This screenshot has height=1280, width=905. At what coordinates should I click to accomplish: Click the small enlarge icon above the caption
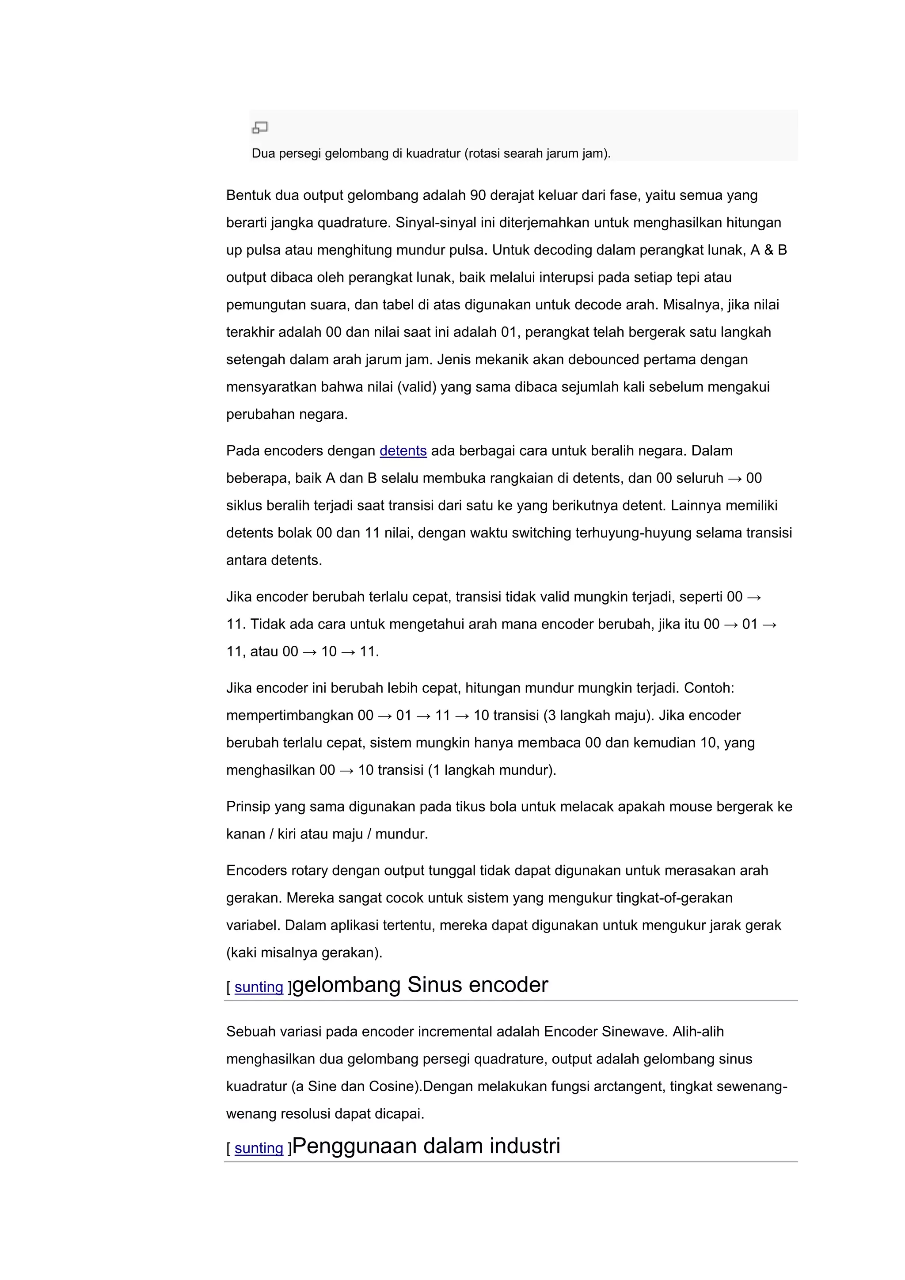pos(260,128)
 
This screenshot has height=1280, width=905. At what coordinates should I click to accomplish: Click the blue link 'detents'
pos(403,450)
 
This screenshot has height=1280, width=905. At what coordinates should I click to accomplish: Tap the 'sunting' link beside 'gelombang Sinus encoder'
pos(259,987)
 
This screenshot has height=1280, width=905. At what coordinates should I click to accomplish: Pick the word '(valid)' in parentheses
pos(416,386)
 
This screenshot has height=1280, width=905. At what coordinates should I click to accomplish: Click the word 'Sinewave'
pos(634,1031)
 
